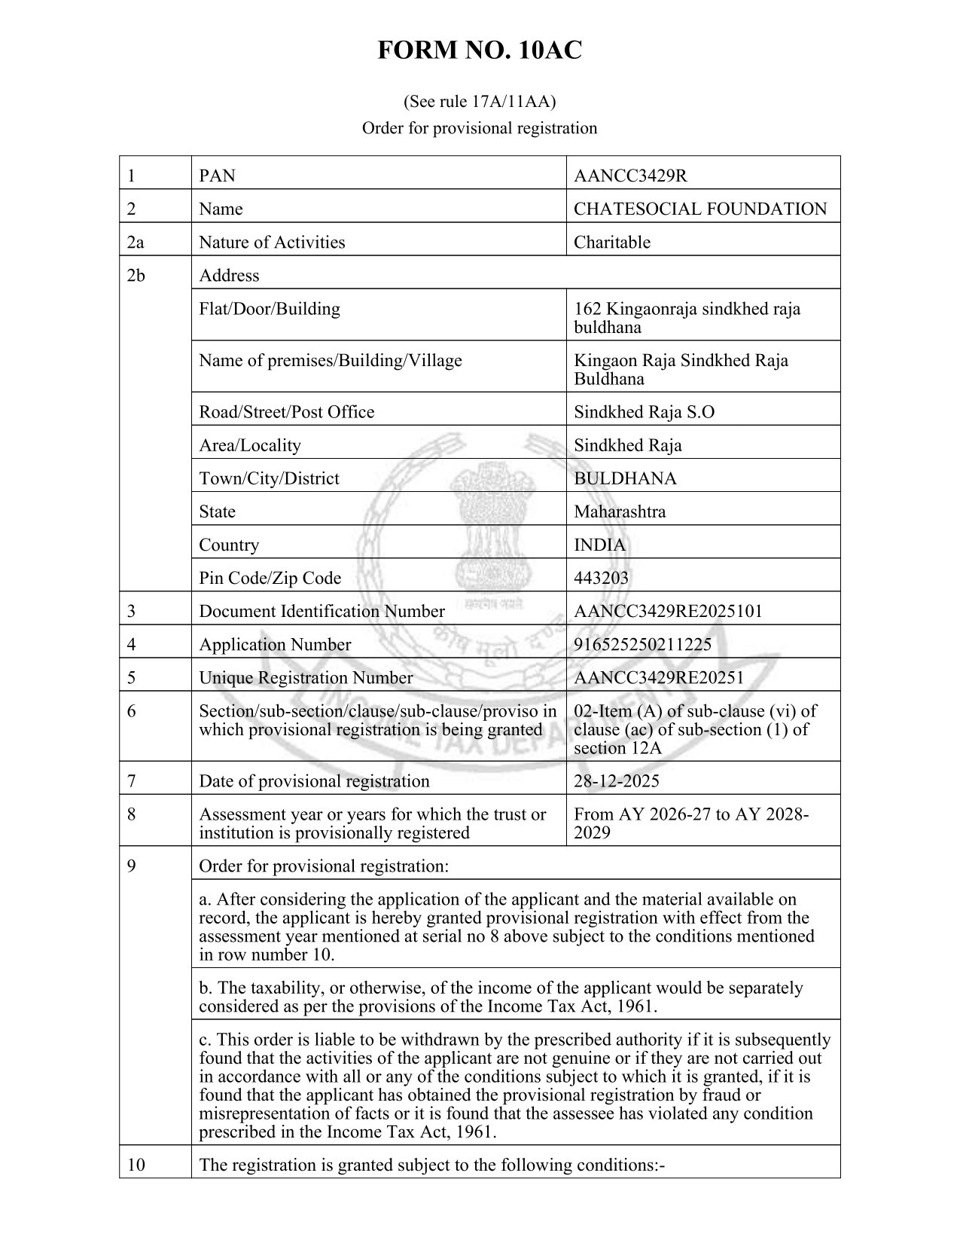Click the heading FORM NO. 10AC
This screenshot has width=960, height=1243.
480,51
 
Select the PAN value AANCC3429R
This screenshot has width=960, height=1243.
630,176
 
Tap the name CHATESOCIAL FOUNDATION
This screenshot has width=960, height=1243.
699,209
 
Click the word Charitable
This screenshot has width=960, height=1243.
611,243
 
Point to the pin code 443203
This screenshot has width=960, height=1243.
601,579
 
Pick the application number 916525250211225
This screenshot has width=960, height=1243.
642,645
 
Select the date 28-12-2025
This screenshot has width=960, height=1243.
616,781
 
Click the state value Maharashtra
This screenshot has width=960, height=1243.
619,512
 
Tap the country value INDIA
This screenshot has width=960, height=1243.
599,545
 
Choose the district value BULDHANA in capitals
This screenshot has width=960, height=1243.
625,479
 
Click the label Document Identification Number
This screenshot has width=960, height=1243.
322,612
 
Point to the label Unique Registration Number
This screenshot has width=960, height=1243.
306,678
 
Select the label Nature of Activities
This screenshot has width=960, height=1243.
272,243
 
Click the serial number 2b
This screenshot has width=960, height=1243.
136,276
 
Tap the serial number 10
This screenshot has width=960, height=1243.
136,1165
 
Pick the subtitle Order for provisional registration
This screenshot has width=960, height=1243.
480,128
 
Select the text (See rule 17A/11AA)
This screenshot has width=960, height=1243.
480,101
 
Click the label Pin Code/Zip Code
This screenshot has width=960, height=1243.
270,579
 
